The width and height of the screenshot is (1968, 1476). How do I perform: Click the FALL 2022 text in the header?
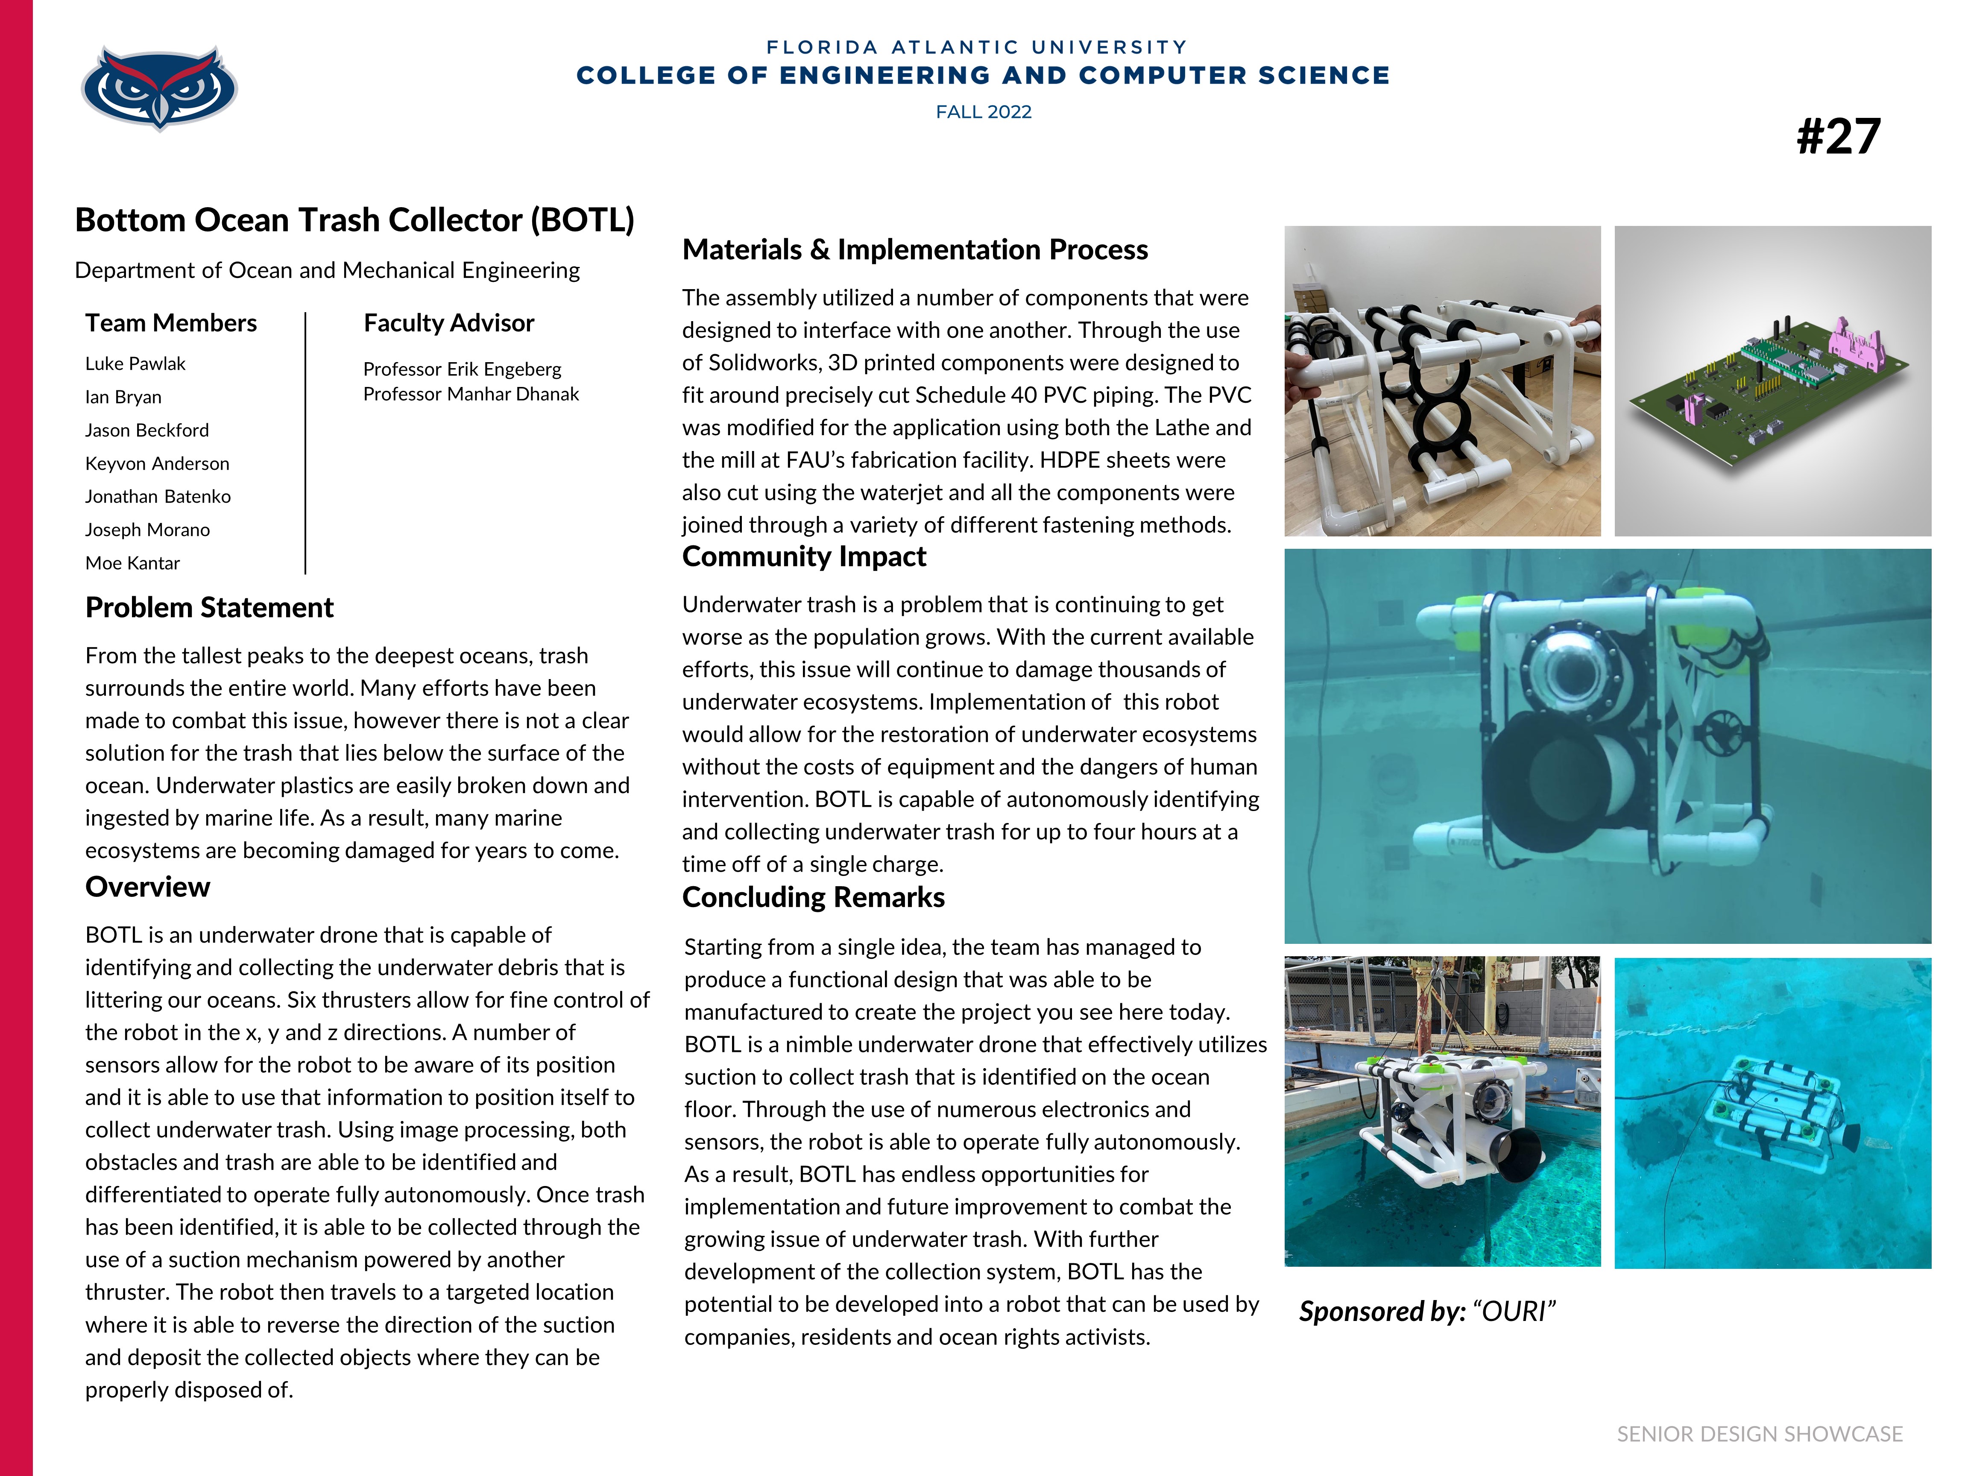coord(983,112)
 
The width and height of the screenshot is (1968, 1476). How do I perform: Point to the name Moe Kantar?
coord(132,563)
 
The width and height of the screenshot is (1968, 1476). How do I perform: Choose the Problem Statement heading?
coord(209,608)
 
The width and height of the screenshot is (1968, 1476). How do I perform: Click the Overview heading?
coord(148,887)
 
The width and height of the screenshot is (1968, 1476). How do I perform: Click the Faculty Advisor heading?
coord(448,323)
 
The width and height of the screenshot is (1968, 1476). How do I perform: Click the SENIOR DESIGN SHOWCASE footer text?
coord(1759,1434)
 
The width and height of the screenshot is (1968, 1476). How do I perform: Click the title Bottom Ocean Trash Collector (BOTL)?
coord(354,220)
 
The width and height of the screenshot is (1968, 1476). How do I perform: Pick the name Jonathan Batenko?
coord(158,496)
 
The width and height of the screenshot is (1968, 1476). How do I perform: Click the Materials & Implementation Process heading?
coord(915,250)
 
